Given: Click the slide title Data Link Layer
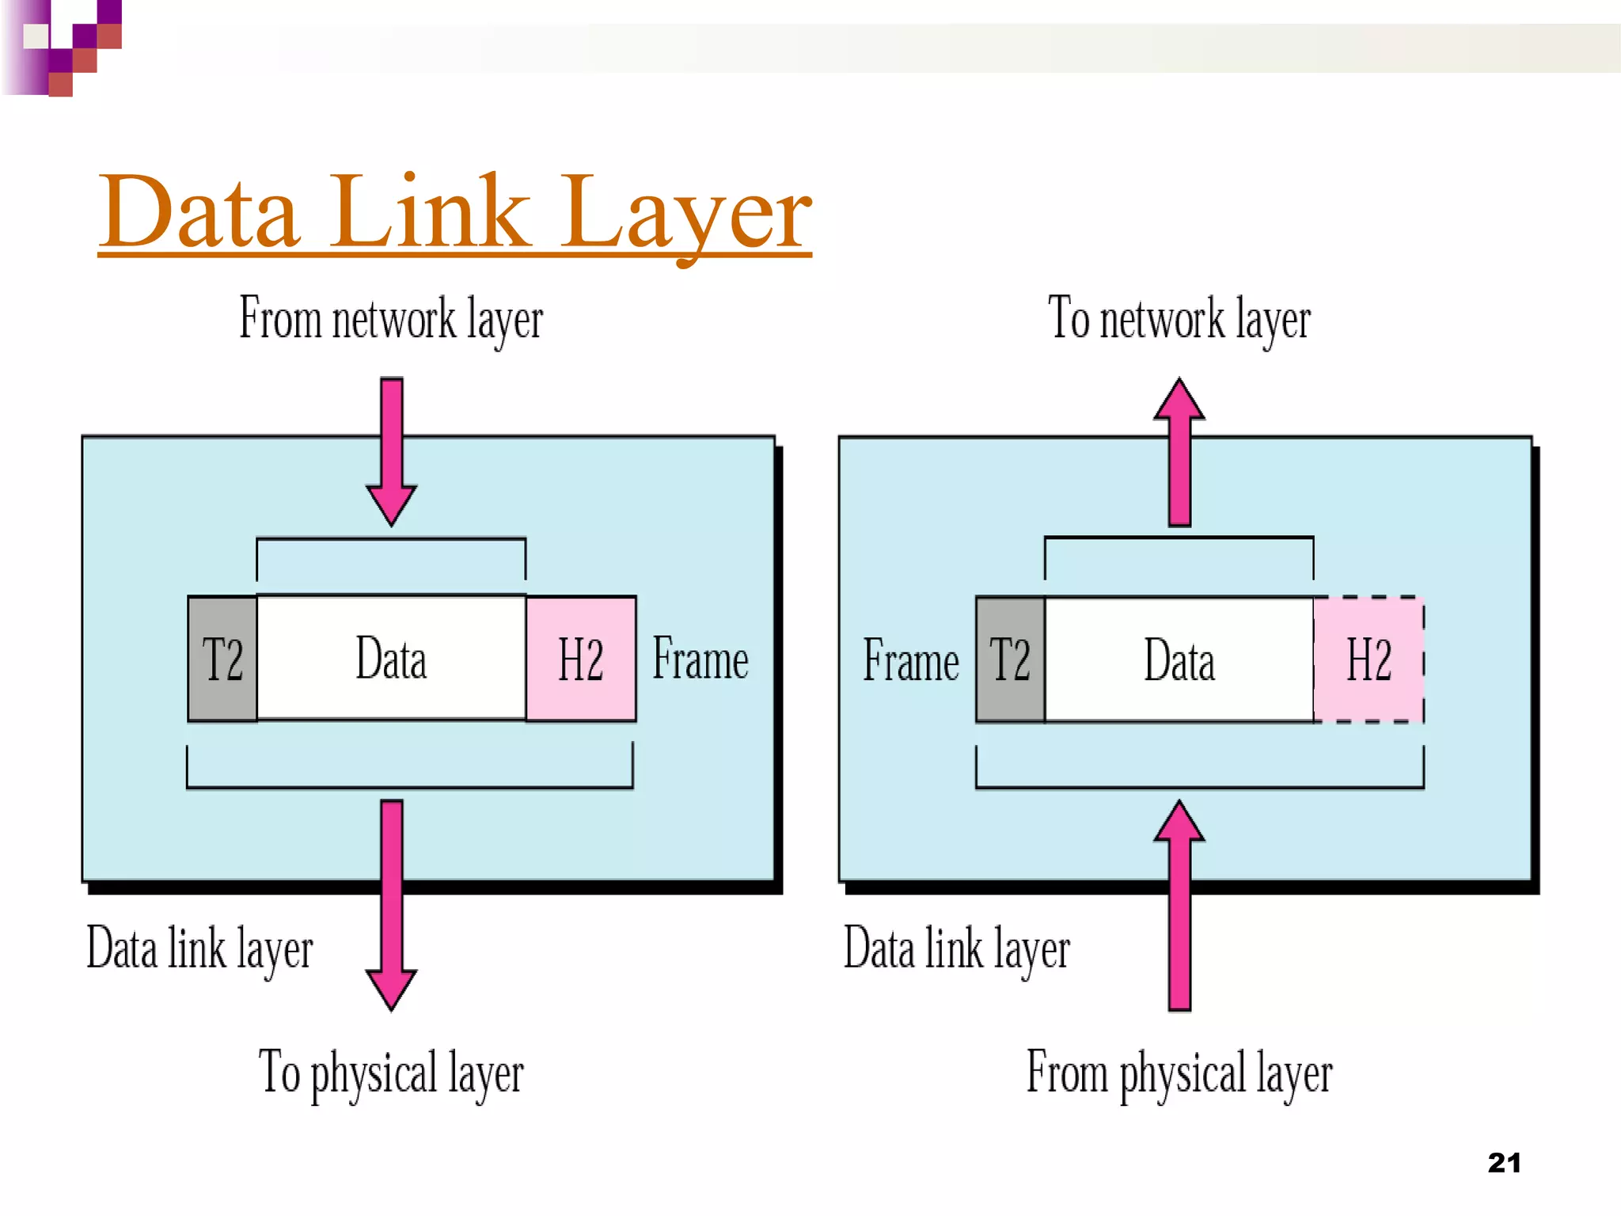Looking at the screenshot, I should click(455, 212).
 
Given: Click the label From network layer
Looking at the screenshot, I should click(391, 319).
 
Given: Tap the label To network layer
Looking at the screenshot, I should click(1179, 319).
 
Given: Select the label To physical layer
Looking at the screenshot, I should click(391, 1073).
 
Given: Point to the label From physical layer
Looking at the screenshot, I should click(1179, 1073).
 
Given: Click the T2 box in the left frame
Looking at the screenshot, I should click(222, 659).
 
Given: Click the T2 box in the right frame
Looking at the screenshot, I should click(1011, 659).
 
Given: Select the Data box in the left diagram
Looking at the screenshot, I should click(391, 659).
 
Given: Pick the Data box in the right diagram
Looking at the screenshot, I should click(1179, 659).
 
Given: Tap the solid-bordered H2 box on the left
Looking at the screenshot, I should click(581, 659).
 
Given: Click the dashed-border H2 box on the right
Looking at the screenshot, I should click(1369, 659).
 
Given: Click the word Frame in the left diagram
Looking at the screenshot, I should click(700, 659).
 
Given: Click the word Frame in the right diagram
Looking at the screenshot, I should click(911, 660).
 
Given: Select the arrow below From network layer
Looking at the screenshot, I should click(391, 451).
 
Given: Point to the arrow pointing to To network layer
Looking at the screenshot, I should click(1179, 451).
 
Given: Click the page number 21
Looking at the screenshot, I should click(1504, 1163).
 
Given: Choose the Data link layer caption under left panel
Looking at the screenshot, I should click(199, 949).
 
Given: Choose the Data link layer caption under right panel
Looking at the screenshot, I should click(956, 949).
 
